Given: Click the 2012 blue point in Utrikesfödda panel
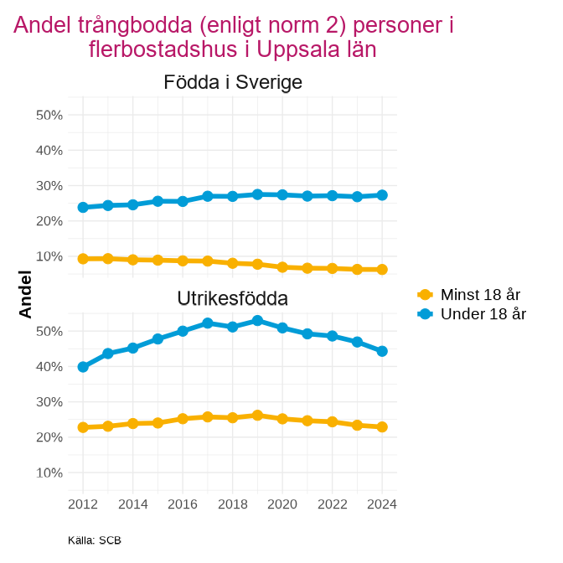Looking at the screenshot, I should click(83, 367).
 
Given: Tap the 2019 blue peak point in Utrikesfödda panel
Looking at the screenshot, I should click(257, 321).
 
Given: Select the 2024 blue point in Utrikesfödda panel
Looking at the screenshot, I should click(382, 351).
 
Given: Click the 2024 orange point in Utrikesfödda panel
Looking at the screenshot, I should click(382, 426).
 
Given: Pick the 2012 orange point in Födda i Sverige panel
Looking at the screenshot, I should click(83, 259).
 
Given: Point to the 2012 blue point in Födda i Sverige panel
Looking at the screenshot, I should click(83, 207).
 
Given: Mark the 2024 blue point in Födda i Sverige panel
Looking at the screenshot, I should click(382, 195).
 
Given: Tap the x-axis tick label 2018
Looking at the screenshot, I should click(232, 504).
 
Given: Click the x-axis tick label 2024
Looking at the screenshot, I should click(382, 504).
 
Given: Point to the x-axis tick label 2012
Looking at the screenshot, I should click(83, 504).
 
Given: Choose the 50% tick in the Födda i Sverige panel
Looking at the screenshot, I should click(49, 115).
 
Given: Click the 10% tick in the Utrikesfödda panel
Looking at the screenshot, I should click(49, 473).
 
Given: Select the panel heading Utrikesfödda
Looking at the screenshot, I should click(232, 298).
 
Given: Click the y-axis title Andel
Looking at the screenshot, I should click(25, 294).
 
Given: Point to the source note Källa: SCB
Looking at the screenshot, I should click(95, 540).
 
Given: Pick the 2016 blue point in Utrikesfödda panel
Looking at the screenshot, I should click(183, 331).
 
